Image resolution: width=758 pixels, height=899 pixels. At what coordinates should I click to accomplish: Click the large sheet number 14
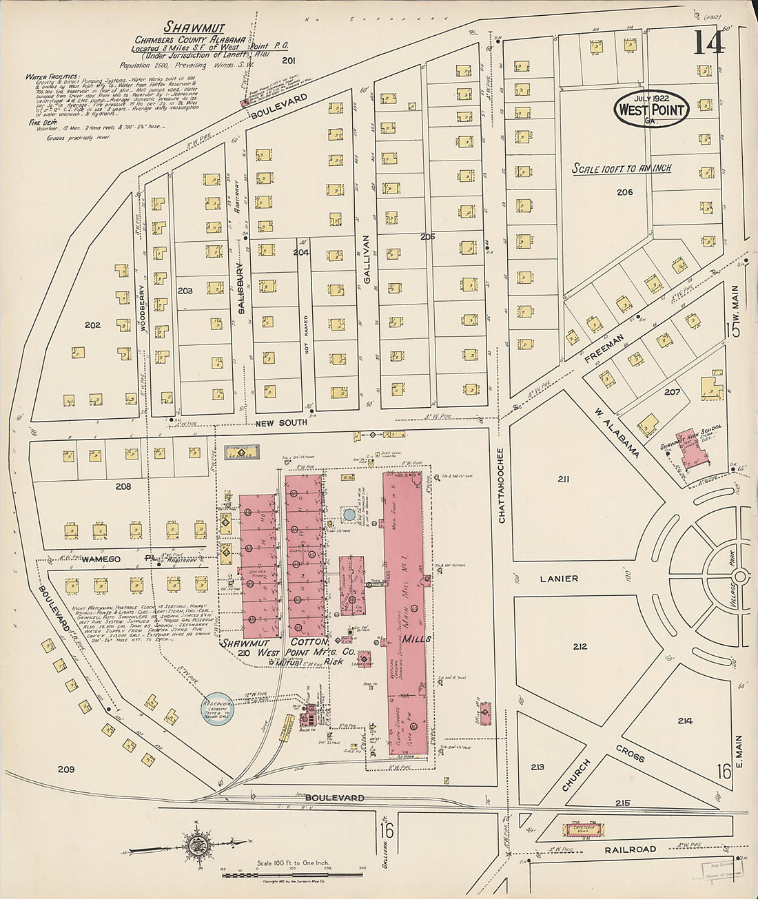coord(708,43)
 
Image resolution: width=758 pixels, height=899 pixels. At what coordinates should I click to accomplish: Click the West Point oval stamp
coord(651,110)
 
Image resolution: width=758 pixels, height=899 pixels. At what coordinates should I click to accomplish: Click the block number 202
coord(92,324)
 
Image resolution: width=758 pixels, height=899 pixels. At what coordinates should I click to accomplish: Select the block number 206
coord(624,192)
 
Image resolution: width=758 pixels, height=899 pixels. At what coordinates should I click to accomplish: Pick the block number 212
coord(580,646)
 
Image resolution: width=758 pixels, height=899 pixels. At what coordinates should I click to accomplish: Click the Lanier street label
coord(559,579)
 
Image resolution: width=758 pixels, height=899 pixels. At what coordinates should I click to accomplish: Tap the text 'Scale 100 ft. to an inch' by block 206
coord(622,168)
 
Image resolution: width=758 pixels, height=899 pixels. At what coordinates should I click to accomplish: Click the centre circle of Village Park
coord(740,576)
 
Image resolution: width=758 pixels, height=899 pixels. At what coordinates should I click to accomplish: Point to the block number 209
coord(65,768)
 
